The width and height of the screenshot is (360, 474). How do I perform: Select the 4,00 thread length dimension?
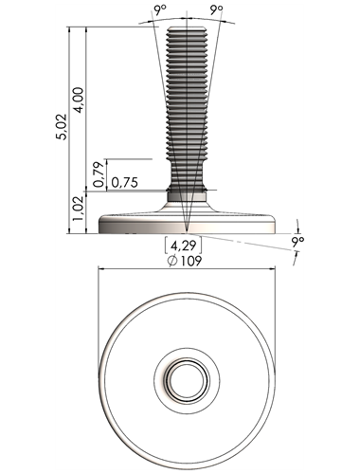80,100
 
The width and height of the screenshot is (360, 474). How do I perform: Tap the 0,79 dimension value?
99,174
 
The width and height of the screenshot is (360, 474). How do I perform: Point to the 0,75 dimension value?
125,182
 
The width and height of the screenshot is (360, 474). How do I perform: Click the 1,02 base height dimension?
79,209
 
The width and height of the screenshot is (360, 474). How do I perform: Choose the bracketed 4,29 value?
184,246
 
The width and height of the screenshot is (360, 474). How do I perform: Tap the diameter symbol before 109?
172,261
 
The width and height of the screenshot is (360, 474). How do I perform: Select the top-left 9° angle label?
160,10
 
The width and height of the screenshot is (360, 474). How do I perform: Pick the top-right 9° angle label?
217,10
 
